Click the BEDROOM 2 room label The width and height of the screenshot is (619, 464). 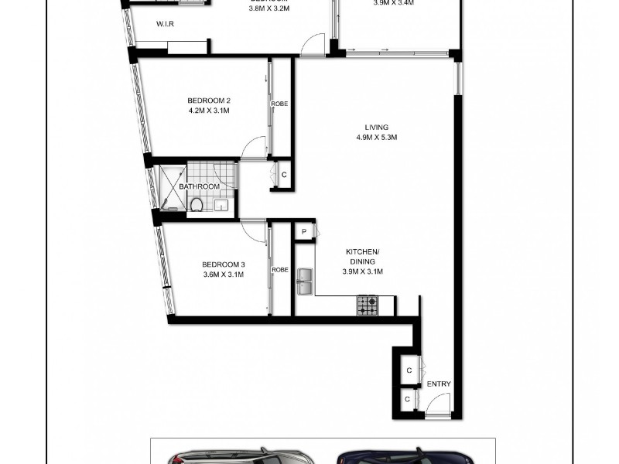tap(209, 101)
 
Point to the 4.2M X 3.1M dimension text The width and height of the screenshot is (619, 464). tap(209, 111)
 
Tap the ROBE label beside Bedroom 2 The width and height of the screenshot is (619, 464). tap(280, 104)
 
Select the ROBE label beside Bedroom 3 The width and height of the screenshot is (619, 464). tap(280, 270)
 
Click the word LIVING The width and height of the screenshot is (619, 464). tap(377, 128)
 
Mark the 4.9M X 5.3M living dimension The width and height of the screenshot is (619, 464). tap(377, 138)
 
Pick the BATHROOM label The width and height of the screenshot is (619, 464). tap(200, 187)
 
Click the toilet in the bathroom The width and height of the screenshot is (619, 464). tap(197, 204)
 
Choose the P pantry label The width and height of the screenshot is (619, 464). tap(305, 232)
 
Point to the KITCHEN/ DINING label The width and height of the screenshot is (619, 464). tap(362, 257)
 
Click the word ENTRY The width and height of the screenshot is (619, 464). tap(439, 384)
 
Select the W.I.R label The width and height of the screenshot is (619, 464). tap(165, 25)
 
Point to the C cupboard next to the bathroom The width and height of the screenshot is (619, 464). tap(284, 175)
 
